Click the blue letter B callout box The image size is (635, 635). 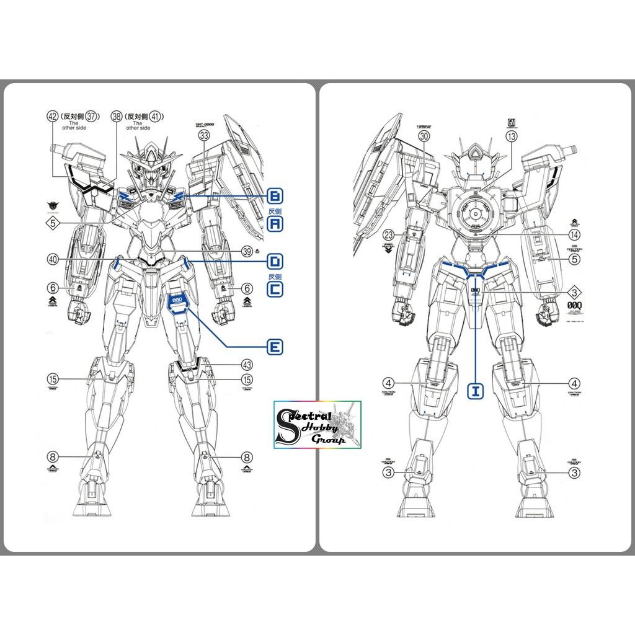tap(275, 197)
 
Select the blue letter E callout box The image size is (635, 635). tap(275, 347)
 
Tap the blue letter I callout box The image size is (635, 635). tap(476, 391)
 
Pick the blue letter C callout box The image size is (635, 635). tap(275, 289)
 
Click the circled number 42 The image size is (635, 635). tap(52, 116)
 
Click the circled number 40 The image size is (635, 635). tap(52, 259)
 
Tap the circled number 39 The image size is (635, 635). tap(247, 251)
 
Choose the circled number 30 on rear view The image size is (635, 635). tap(424, 137)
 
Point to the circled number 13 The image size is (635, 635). tap(512, 138)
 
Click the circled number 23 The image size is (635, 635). tap(389, 235)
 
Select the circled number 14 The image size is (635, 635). tap(575, 235)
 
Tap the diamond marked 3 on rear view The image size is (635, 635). tap(574, 293)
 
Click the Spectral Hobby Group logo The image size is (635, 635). tap(317, 425)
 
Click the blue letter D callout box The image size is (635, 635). tap(275, 260)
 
